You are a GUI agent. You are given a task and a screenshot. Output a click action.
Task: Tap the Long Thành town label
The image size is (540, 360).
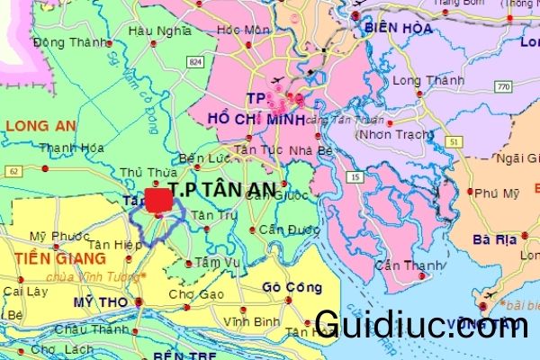420,79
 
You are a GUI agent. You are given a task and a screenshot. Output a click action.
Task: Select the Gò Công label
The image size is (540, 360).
292,287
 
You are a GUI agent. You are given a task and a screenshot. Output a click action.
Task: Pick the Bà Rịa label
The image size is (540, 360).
496,240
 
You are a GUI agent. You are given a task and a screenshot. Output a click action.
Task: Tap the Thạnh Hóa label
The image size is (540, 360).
67,149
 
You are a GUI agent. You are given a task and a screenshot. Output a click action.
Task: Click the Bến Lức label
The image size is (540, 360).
200,158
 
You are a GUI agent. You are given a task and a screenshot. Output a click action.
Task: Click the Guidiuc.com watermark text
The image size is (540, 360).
421,325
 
